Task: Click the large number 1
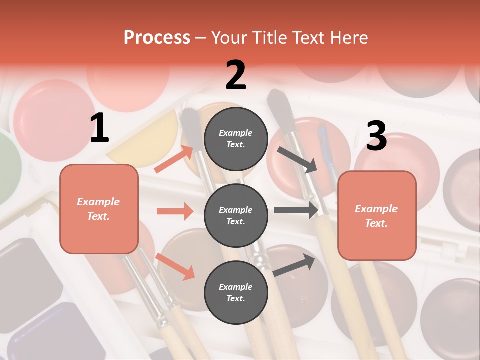coord(99,128)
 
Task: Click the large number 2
coord(236,75)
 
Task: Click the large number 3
coord(376,136)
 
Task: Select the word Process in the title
coord(157,37)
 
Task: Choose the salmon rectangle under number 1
coord(99,209)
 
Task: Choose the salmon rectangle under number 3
coord(377,216)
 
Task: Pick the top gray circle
coord(236,139)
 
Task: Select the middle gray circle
coord(236,216)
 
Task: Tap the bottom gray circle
coord(236,293)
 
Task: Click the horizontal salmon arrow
coord(175,211)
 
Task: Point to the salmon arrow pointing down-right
coord(175,266)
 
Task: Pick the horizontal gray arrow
coord(296,210)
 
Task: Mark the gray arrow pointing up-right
coord(294,265)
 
